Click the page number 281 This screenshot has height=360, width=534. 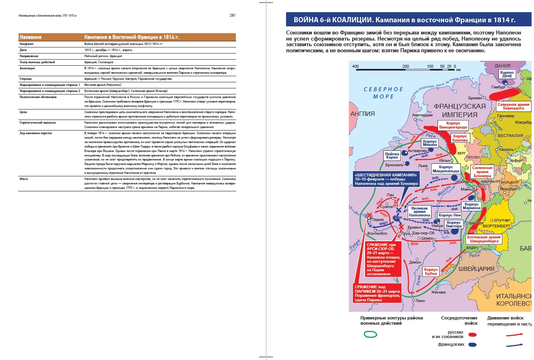coord(232,15)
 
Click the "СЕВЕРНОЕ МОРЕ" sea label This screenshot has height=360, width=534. coord(383,92)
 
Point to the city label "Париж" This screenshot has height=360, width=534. coord(377,220)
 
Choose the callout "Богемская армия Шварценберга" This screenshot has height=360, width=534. coord(484,239)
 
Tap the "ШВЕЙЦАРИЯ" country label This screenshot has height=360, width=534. coord(476,269)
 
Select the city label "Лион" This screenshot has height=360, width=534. coord(420,300)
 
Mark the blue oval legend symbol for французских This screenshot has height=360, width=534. coord(472,345)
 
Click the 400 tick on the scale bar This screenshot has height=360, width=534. coord(355,66)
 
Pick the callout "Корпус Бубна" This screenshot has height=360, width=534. coord(431,271)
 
